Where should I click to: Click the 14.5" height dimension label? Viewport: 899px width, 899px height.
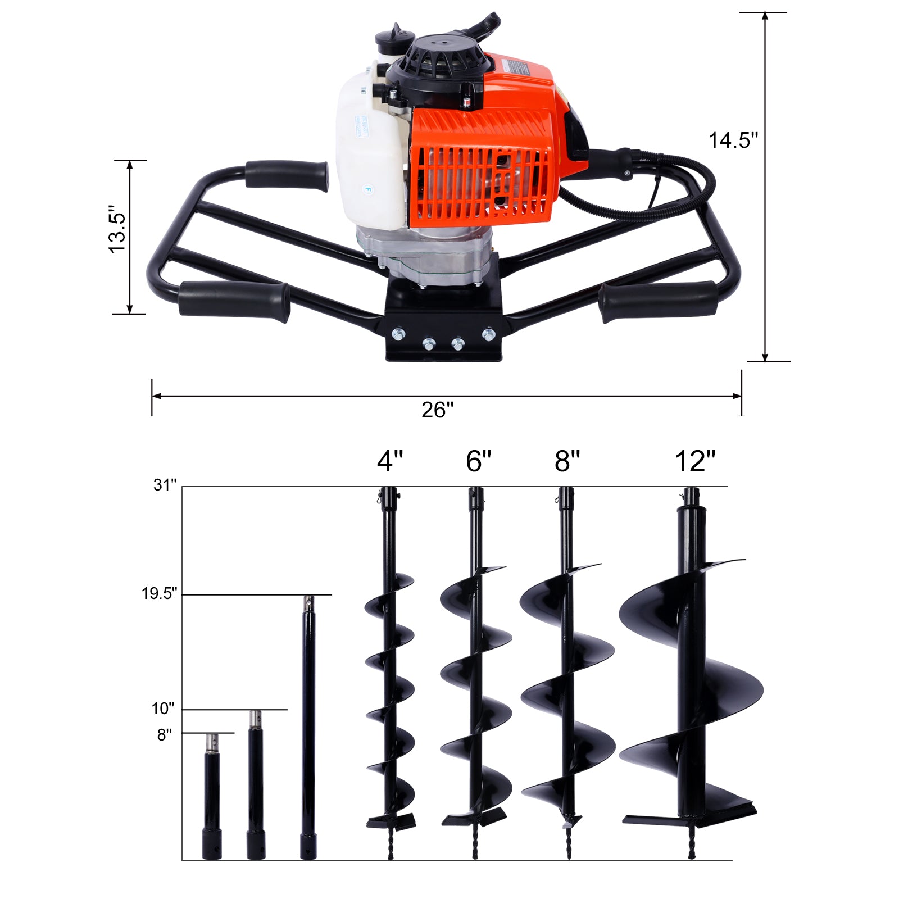click(733, 140)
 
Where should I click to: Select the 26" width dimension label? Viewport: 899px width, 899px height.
click(437, 410)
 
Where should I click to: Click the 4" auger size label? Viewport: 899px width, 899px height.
click(390, 462)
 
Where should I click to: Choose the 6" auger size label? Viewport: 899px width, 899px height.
click(479, 462)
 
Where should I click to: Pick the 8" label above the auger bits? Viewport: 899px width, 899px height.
click(567, 462)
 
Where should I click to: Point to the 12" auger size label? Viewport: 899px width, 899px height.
click(695, 462)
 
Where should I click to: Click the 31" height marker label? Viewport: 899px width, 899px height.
click(165, 485)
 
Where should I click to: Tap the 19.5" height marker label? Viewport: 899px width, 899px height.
click(160, 593)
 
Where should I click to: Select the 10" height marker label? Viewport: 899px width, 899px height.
click(163, 709)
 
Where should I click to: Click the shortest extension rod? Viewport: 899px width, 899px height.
click(212, 798)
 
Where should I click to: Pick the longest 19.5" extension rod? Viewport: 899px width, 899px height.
click(307, 730)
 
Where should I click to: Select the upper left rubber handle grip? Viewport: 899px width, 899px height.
click(287, 175)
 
